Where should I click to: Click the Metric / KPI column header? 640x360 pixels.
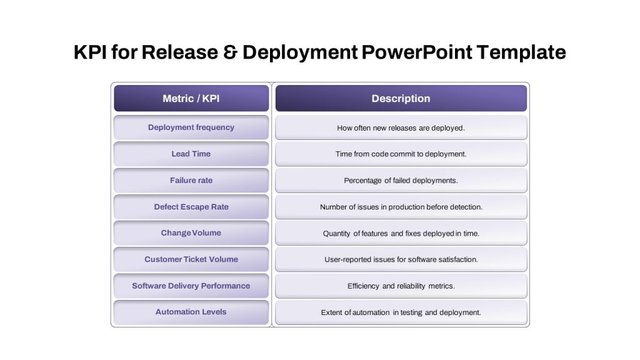[191, 98]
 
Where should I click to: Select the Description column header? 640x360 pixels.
[401, 98]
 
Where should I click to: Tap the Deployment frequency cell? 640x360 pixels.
[191, 127]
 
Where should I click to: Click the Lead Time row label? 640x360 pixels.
[191, 154]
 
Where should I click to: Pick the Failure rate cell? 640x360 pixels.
[191, 181]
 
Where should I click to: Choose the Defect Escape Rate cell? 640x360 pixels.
[191, 207]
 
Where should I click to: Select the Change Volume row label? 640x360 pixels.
[191, 233]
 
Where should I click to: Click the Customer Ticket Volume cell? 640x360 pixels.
[191, 259]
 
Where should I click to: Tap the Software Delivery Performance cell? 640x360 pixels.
[191, 286]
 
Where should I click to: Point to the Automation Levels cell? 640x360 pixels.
[191, 312]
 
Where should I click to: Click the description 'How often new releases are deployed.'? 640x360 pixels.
[401, 127]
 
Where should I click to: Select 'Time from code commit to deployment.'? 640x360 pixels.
[401, 154]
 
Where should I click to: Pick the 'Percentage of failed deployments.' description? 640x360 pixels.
[401, 181]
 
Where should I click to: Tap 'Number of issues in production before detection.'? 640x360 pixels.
[401, 207]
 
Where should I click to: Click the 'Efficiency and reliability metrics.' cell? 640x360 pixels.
[401, 286]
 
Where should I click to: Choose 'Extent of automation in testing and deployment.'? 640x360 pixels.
[401, 312]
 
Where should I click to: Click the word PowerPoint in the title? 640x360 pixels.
[417, 52]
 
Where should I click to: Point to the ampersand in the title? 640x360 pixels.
[230, 52]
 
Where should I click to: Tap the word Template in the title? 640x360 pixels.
[521, 52]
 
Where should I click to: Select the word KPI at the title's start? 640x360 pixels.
[90, 52]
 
